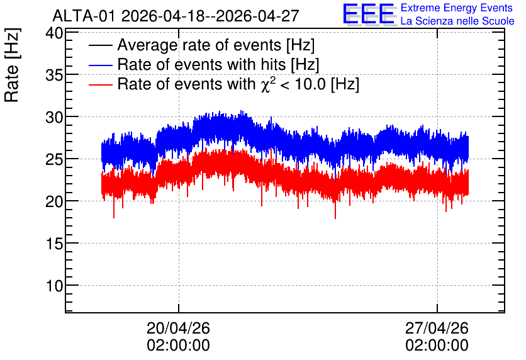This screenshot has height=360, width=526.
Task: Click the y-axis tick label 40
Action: (54, 33)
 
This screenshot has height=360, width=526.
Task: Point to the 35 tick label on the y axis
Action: (54, 76)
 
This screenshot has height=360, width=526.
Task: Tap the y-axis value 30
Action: (54, 118)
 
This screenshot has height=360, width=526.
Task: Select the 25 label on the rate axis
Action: (54, 160)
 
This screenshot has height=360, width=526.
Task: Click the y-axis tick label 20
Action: (54, 202)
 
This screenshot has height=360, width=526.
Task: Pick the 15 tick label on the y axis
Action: (54, 244)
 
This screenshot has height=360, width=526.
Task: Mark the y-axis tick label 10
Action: (54, 286)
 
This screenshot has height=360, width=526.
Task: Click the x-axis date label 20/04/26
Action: (179, 328)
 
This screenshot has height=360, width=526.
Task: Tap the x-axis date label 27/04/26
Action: (437, 328)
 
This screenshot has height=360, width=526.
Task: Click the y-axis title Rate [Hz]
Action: (12, 65)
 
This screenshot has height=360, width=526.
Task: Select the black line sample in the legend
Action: (100, 45)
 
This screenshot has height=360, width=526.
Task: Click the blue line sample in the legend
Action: (100, 65)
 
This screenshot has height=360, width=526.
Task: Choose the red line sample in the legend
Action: (100, 84)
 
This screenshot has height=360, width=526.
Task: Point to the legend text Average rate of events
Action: (199, 45)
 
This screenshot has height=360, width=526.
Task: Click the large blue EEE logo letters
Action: (369, 14)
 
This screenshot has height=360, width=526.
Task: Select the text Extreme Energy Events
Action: (457, 8)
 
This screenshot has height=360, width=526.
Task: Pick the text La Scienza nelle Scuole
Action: (457, 21)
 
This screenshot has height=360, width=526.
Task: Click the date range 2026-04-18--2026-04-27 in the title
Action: (210, 16)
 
